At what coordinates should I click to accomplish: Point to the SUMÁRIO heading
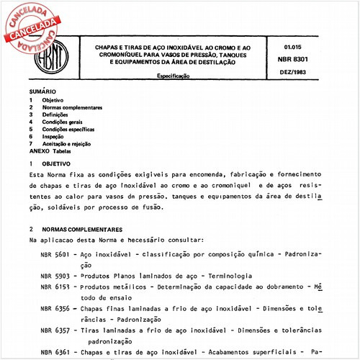click(41, 92)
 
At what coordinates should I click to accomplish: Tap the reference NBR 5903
click(54, 276)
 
